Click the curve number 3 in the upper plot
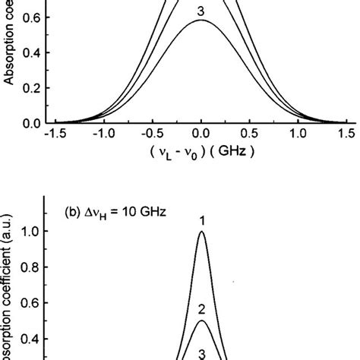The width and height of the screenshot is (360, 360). [x=201, y=11]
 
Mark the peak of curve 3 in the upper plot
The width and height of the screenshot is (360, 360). [x=201, y=21]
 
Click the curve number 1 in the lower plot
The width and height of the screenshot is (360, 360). [x=201, y=220]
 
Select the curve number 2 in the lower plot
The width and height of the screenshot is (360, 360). [x=201, y=309]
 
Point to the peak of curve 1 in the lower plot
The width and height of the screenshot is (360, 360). [x=201, y=232]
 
